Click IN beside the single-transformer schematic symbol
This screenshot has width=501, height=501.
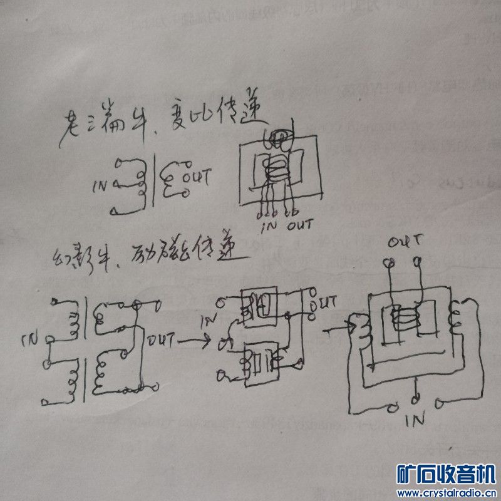tap(100, 186)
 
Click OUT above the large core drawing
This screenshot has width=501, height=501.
tap(404, 241)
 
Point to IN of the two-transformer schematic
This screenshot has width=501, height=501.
tap(30, 341)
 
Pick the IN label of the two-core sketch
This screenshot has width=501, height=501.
tap(209, 321)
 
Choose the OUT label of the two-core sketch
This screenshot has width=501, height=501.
tap(328, 302)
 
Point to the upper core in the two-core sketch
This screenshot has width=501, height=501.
tap(257, 303)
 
